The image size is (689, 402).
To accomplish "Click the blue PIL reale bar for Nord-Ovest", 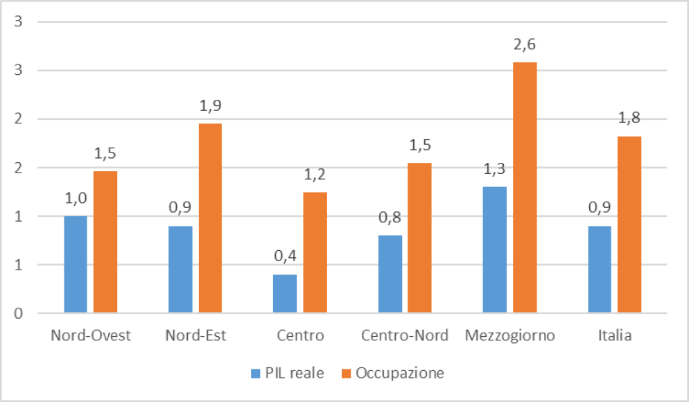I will [x=76, y=264].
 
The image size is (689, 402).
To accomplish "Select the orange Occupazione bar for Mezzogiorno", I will [x=525, y=187].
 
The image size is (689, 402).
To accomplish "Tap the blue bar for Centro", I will [x=285, y=294].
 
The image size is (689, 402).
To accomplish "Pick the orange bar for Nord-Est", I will [x=210, y=218].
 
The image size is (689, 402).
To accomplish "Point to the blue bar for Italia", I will [x=600, y=270].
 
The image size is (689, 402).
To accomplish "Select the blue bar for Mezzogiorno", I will [x=495, y=250].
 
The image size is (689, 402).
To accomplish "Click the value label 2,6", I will [x=525, y=45].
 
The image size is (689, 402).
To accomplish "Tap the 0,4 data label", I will [x=285, y=257].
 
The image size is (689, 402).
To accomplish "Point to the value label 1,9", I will [x=210, y=107].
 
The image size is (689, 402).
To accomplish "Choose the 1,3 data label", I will [x=495, y=170].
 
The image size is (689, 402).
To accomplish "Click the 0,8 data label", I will [x=390, y=218].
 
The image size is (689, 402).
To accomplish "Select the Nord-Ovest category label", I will [x=91, y=336].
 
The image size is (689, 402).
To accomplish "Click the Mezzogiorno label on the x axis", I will [x=510, y=336].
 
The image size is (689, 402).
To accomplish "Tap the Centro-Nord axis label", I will [x=405, y=336].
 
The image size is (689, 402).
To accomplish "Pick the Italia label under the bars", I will [x=615, y=336].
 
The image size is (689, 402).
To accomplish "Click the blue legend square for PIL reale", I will [x=254, y=374].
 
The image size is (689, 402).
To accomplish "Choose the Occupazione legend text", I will [x=399, y=374].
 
